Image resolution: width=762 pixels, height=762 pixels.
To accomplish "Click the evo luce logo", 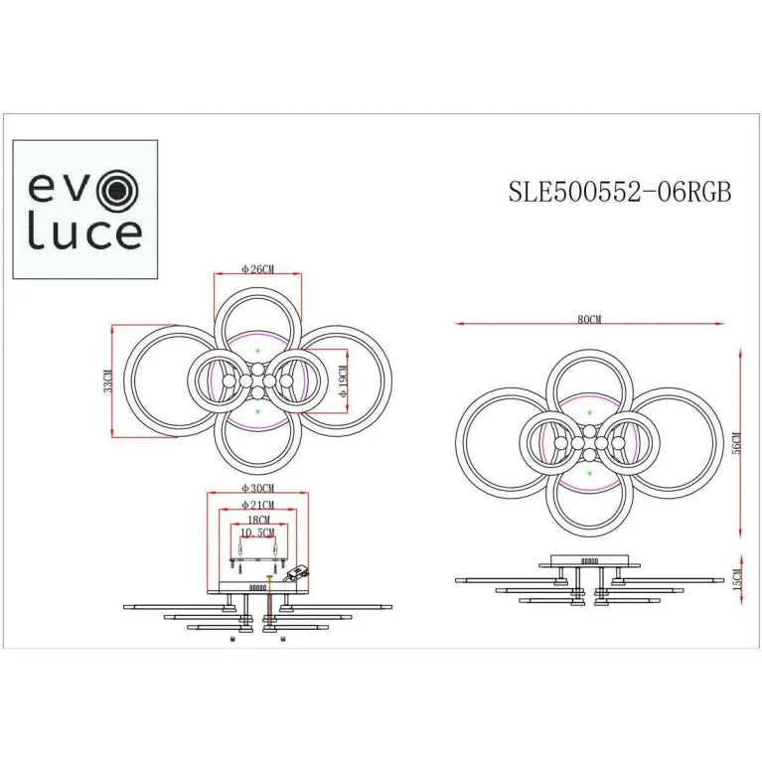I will coord(84,209).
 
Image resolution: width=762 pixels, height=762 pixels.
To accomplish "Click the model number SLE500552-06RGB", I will coord(620,193).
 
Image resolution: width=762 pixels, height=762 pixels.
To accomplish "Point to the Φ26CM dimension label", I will coord(257,268).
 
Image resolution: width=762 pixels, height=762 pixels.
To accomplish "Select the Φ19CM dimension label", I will coord(341,380).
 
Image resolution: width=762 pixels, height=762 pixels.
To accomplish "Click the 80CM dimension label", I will coord(589,320).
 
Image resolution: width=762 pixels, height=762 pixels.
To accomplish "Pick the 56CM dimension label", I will coord(735,443).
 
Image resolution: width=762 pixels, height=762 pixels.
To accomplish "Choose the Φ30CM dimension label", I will coord(258,489).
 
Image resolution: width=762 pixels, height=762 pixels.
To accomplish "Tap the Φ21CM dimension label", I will coord(258,506).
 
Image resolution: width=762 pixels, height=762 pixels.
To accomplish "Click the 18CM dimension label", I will coord(258,520).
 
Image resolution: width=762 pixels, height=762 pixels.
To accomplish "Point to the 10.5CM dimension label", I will coord(258,533).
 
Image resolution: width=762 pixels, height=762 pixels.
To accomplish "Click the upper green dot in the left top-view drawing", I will coord(257,352).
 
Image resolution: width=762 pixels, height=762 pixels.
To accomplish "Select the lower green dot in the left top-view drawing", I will coord(257,408).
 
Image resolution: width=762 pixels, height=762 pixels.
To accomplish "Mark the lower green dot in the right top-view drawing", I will coord(589,474).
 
